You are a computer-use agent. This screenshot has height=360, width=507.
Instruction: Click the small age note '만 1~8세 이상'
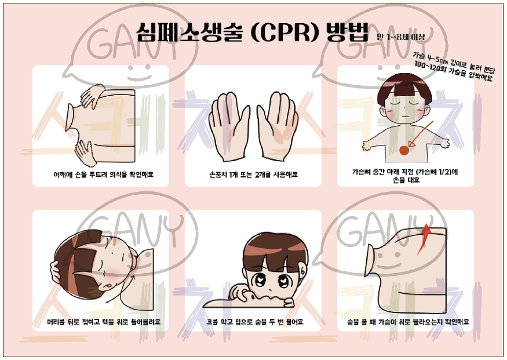(400, 37)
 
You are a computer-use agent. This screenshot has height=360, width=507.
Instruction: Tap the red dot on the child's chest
(404, 150)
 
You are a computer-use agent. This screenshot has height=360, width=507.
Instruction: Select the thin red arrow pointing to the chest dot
(421, 133)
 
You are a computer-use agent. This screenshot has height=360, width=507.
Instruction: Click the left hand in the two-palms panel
(229, 126)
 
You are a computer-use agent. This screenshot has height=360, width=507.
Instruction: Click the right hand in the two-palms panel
(278, 126)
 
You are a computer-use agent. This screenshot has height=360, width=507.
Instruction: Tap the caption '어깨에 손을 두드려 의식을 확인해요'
(104, 174)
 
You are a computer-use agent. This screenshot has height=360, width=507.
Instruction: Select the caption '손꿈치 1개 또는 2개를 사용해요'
(253, 174)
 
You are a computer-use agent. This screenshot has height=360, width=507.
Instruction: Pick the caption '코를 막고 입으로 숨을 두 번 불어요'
(255, 322)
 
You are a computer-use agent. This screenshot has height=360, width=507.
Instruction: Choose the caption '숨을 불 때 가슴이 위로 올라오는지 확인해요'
(408, 322)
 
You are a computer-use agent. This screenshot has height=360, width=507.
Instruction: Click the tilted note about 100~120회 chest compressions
(453, 67)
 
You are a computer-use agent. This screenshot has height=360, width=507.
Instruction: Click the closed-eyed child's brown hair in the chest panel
(404, 88)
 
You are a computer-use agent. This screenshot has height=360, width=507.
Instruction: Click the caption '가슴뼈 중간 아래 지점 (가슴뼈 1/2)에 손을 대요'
(406, 176)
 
